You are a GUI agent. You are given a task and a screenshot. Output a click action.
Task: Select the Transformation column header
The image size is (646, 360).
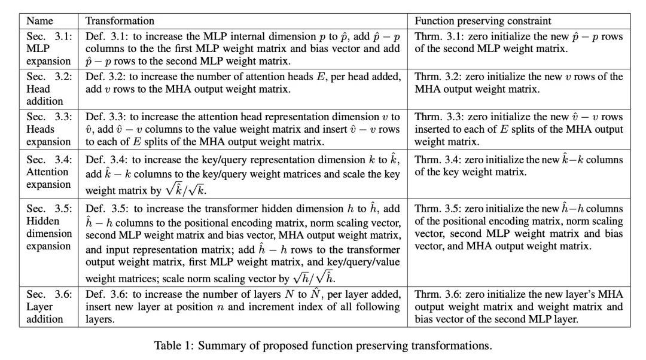[x=120, y=21]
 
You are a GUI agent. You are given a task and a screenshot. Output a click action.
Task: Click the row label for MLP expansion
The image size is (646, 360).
[x=48, y=48]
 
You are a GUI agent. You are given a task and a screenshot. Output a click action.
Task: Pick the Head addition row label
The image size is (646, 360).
[x=48, y=89]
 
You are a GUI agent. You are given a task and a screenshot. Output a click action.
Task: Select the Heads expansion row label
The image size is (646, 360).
[x=48, y=129]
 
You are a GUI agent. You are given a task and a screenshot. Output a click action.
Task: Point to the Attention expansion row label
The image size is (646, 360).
[x=48, y=172]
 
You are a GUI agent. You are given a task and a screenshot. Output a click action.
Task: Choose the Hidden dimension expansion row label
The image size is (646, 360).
[x=48, y=234]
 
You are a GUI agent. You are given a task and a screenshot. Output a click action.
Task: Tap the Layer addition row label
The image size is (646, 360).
[x=48, y=307]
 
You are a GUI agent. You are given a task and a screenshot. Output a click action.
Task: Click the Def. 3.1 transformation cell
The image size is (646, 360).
[x=242, y=48]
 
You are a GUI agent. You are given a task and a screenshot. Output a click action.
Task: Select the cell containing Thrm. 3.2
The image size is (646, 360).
[x=518, y=83]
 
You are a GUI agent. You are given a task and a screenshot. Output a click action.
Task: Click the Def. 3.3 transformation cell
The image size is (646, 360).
[x=242, y=129]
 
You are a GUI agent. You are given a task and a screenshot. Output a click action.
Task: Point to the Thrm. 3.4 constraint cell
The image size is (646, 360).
[x=518, y=166]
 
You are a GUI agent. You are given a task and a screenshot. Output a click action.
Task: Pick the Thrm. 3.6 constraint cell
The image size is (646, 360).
[x=518, y=307]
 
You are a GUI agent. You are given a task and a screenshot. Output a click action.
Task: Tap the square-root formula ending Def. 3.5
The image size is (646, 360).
[x=316, y=277]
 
